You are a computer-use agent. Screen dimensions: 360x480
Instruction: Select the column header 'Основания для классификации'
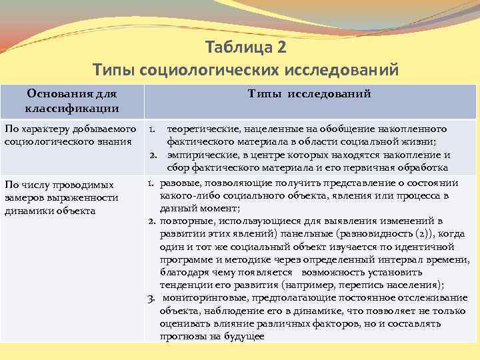click(x=72, y=101)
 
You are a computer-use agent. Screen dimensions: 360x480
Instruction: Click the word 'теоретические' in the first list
click(x=201, y=128)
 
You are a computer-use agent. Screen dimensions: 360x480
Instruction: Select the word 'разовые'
click(x=177, y=183)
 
